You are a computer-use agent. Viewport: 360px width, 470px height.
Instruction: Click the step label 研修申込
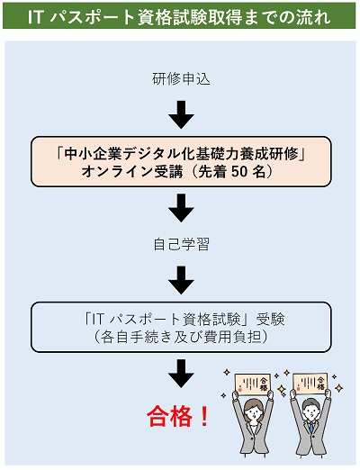tap(181, 79)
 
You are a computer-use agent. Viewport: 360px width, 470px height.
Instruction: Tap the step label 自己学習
tap(181, 244)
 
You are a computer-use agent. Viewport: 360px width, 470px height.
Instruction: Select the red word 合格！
tap(178, 416)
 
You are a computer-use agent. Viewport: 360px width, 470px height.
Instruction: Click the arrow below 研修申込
tap(181, 114)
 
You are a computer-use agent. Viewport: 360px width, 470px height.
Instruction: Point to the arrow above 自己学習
tap(181, 208)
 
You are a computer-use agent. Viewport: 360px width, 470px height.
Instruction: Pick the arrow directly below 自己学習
tap(181, 280)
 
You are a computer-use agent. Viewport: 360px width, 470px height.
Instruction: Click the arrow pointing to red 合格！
tap(181, 374)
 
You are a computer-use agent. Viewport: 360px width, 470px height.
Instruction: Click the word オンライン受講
tap(132, 172)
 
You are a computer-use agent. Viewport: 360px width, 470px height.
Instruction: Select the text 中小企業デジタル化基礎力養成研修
tap(181, 154)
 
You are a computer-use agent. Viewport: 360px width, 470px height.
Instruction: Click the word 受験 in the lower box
tap(270, 320)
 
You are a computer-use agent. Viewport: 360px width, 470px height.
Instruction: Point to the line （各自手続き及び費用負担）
tap(181, 338)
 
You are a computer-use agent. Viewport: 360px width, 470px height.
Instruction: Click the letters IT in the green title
tap(34, 17)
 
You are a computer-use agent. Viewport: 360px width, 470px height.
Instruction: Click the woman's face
tap(254, 414)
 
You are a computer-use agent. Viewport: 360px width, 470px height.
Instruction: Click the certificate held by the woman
tap(253, 384)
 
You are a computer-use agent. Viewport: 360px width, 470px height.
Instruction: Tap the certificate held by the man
tap(310, 384)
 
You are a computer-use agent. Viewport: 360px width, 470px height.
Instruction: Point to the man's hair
tap(311, 403)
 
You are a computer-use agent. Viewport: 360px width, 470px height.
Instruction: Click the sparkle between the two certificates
tap(282, 389)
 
